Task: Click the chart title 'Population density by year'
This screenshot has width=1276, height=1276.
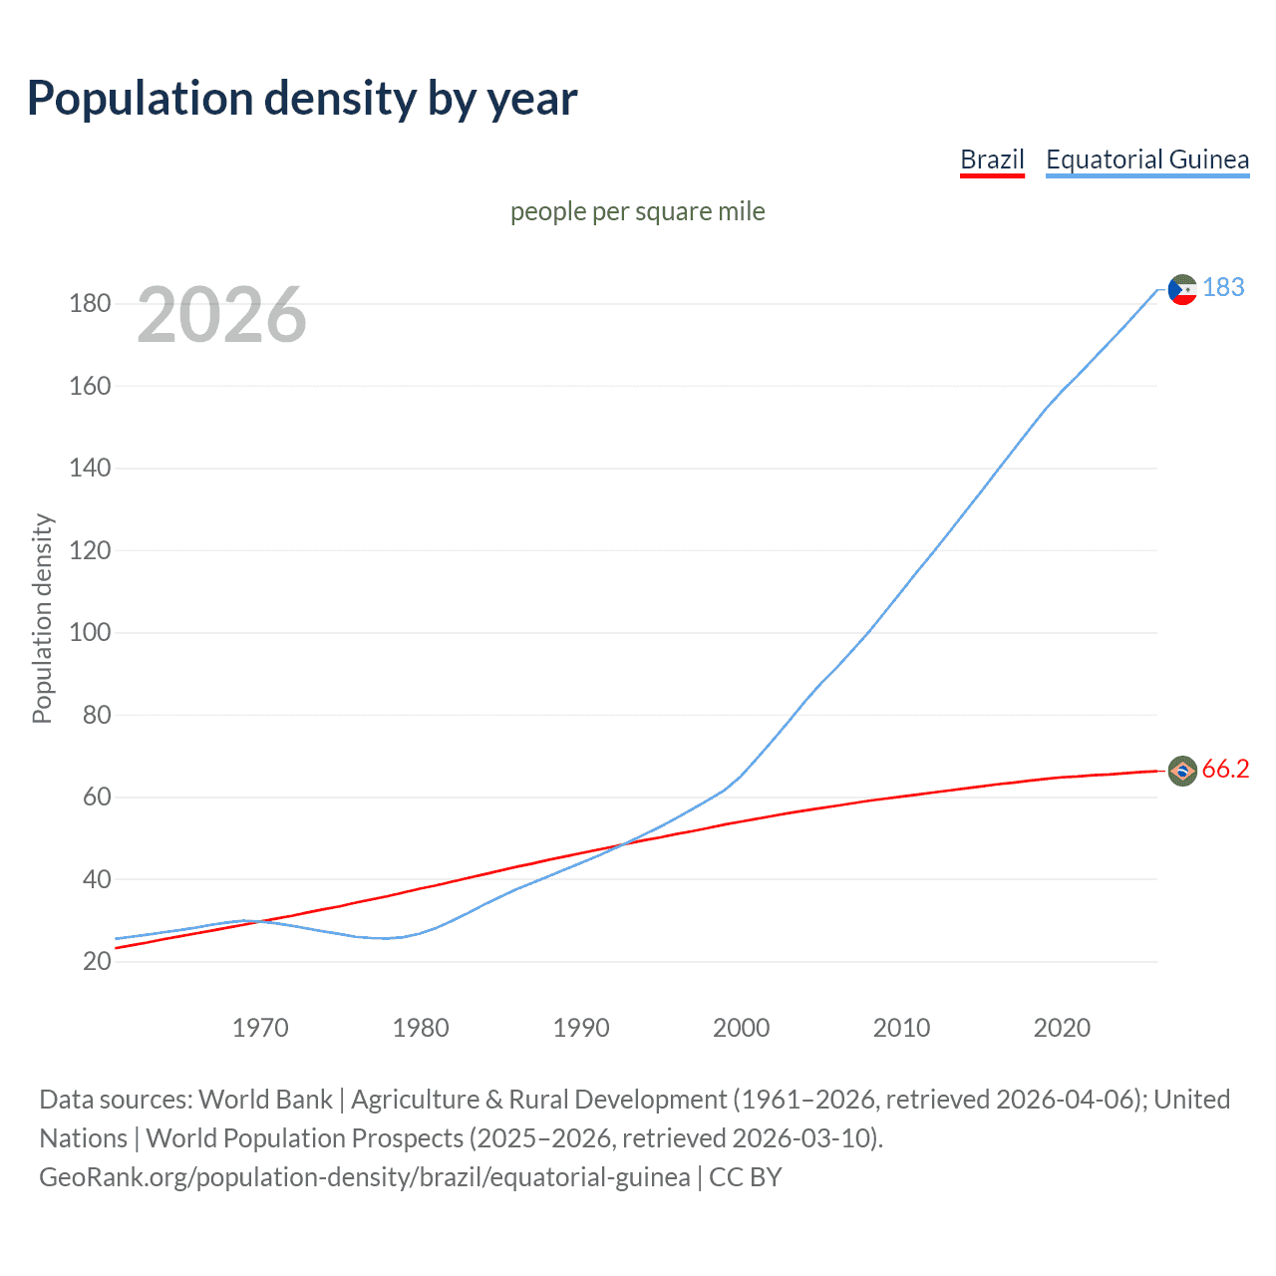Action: point(302,99)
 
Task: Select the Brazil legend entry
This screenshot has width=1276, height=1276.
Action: point(992,159)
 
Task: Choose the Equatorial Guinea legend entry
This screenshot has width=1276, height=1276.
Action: point(1146,159)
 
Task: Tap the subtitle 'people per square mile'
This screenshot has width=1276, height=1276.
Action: point(637,211)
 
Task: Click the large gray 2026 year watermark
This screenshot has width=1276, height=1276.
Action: point(221,315)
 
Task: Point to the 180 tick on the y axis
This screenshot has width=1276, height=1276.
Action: point(90,303)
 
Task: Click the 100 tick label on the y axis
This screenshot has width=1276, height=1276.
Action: point(90,632)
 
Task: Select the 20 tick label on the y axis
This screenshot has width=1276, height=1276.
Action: point(97,961)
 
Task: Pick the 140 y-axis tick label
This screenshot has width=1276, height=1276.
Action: point(90,468)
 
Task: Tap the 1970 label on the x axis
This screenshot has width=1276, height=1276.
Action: point(260,1028)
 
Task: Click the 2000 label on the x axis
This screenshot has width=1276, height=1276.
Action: point(741,1028)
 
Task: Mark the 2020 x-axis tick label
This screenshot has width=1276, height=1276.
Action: point(1062,1028)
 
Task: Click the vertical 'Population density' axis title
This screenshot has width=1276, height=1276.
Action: point(42,618)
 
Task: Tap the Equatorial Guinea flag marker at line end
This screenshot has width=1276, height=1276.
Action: point(1182,290)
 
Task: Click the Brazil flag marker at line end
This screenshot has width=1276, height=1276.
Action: point(1182,771)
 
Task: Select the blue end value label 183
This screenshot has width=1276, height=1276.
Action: point(1223,287)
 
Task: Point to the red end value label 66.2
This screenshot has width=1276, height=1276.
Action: point(1225,769)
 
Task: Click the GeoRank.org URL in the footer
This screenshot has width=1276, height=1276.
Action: point(365,1177)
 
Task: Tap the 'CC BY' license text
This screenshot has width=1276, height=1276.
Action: point(746,1177)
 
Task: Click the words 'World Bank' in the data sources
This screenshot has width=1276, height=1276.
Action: point(265,1100)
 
